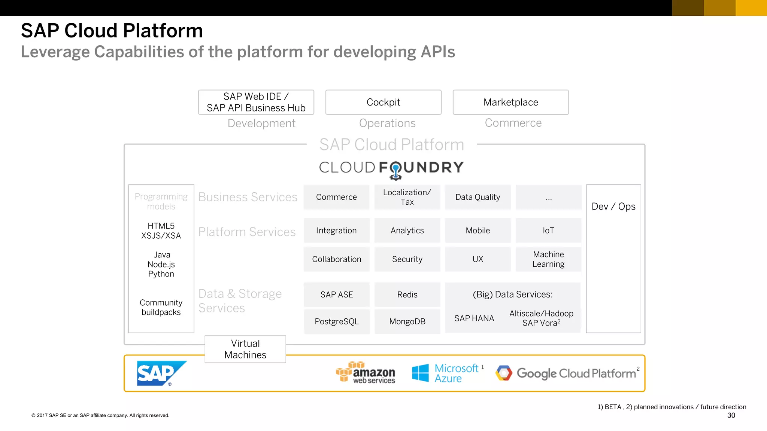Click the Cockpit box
click(383, 102)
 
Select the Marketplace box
click(510, 102)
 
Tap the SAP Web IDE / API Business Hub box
click(256, 102)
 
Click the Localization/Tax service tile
click(407, 197)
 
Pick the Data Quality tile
click(478, 197)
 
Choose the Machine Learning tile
click(548, 259)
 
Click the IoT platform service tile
click(548, 230)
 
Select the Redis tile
click(407, 295)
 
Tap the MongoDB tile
click(407, 322)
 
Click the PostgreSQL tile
click(337, 322)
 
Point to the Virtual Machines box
click(245, 349)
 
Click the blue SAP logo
click(161, 373)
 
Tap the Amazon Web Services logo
click(366, 373)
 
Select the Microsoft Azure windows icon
click(420, 373)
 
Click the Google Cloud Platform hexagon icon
click(504, 373)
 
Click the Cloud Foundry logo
click(391, 168)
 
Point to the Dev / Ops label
click(613, 207)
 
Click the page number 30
click(731, 415)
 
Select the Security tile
click(407, 259)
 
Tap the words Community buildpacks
click(161, 308)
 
